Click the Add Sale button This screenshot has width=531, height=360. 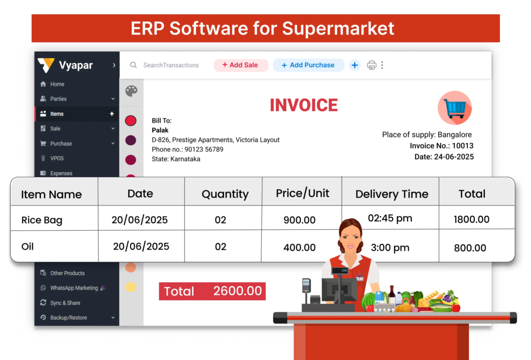[x=241, y=65]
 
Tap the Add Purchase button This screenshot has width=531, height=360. [x=308, y=65]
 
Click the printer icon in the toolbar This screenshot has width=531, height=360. [x=371, y=65]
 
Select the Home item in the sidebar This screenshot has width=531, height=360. [x=57, y=84]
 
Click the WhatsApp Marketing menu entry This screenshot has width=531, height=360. [x=74, y=288]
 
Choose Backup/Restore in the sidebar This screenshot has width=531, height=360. [x=68, y=317]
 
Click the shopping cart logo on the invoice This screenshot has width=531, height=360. [x=454, y=108]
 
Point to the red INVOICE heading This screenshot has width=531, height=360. [x=304, y=105]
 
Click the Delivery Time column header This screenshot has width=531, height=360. [x=392, y=194]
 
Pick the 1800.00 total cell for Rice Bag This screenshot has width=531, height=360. [x=471, y=219]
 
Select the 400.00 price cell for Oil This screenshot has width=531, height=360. [x=299, y=247]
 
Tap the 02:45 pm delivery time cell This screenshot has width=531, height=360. [x=390, y=218]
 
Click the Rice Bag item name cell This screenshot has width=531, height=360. [x=41, y=220]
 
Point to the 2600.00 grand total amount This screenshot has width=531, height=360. [x=237, y=291]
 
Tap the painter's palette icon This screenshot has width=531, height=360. [x=131, y=91]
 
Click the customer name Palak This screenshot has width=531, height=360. [x=160, y=130]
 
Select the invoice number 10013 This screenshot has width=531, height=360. [x=463, y=146]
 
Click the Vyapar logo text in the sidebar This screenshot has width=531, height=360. [x=76, y=65]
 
